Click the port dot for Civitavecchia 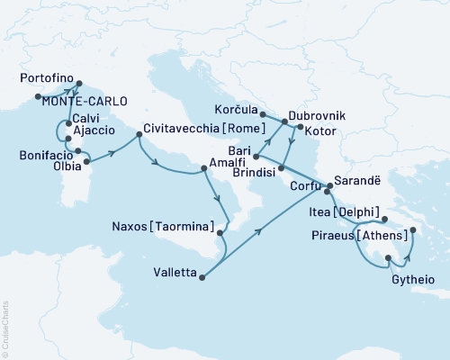(139, 135)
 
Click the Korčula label (235, 104)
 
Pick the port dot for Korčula (263, 115)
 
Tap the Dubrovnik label (316, 116)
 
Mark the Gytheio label (415, 281)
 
